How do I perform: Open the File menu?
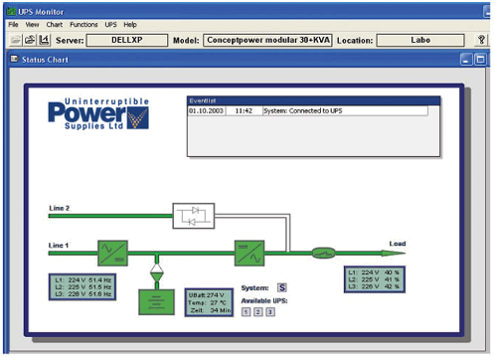point(13,24)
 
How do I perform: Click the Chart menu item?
point(54,24)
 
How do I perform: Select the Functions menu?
point(84,24)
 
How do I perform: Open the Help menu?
point(130,24)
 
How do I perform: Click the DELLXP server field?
point(131,40)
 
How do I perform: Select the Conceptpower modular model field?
point(266,40)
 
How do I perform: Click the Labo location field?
point(419,40)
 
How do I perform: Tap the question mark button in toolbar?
point(482,40)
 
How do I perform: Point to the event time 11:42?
point(245,111)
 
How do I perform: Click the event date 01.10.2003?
point(207,111)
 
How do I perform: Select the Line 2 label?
point(60,207)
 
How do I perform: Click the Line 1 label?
point(60,243)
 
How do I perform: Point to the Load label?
point(398,244)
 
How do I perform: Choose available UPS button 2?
point(257,312)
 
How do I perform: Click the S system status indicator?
point(281,288)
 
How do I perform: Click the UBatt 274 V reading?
point(209,295)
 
